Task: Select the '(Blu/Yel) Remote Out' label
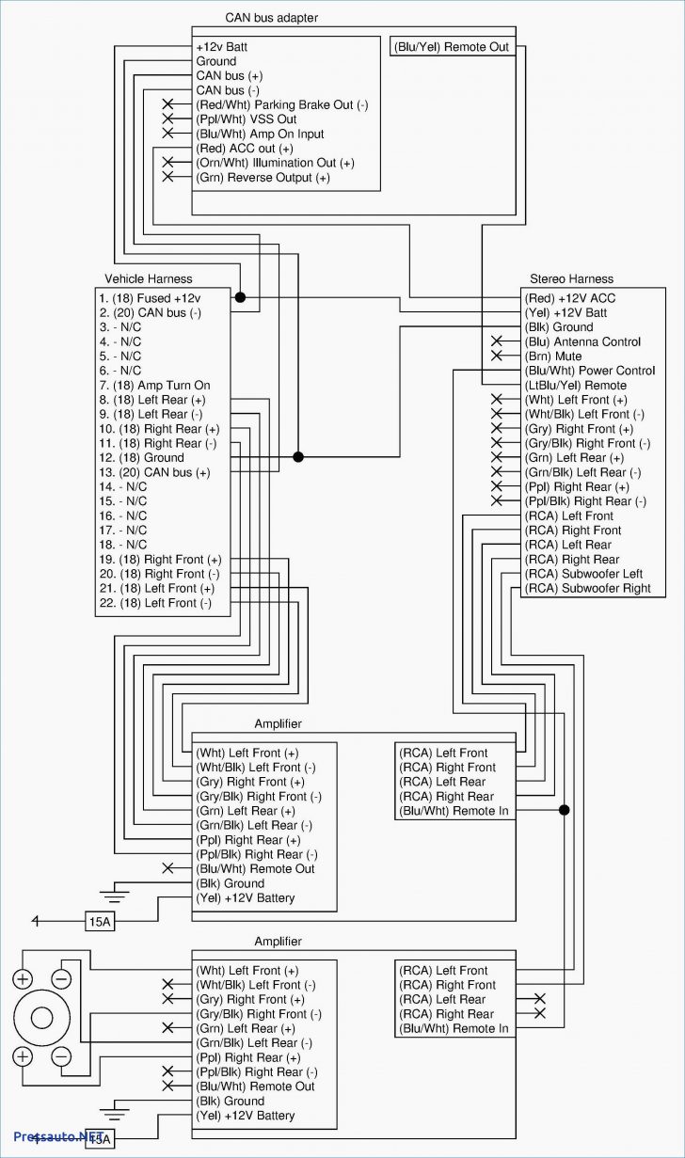click(x=451, y=47)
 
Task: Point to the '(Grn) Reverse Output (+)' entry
click(x=263, y=177)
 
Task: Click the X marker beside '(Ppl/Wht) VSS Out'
click(x=168, y=119)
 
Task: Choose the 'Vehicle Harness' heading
click(x=148, y=278)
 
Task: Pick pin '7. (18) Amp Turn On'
click(x=154, y=385)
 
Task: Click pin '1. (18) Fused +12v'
click(x=150, y=297)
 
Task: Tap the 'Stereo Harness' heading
click(x=571, y=278)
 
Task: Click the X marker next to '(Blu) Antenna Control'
click(x=497, y=341)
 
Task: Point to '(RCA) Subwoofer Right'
click(x=587, y=588)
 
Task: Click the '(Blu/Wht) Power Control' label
click(x=589, y=371)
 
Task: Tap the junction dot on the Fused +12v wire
click(x=240, y=297)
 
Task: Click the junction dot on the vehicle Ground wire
click(x=298, y=457)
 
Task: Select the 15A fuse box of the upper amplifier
click(x=100, y=922)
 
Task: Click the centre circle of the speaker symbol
click(x=41, y=1018)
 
